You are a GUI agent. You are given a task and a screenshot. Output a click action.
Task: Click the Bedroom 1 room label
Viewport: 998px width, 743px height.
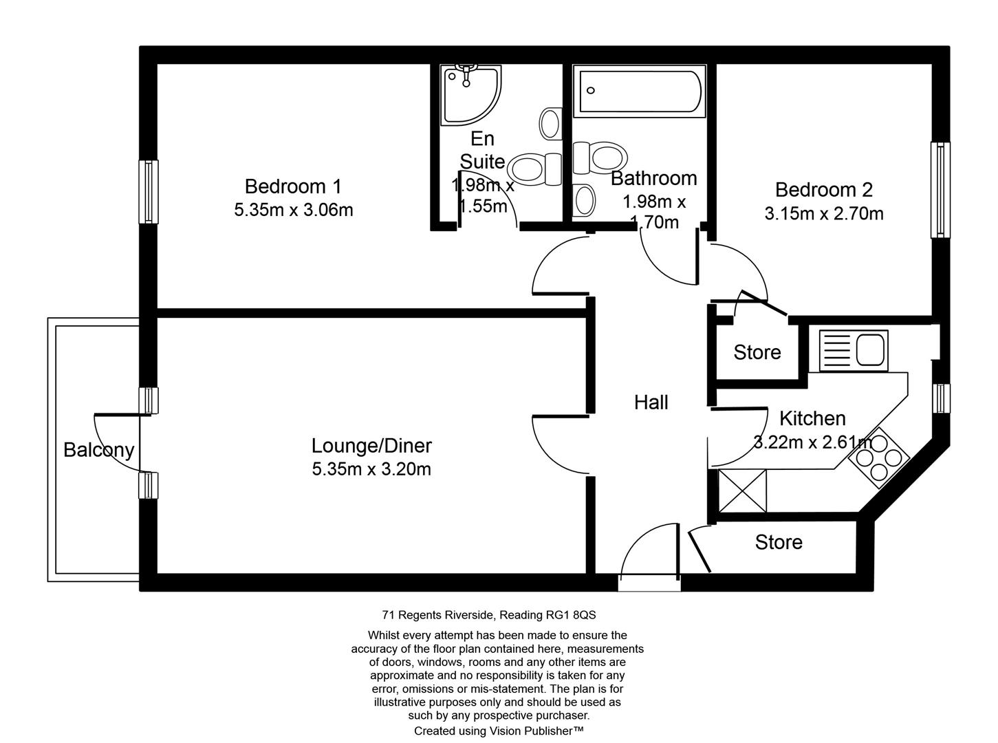(293, 186)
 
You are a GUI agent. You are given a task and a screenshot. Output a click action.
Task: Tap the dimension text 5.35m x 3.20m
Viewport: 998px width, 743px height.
(371, 469)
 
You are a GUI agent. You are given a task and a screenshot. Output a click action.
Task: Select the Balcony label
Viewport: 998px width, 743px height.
(98, 450)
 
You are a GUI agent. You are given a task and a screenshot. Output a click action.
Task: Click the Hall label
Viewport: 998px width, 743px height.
(651, 402)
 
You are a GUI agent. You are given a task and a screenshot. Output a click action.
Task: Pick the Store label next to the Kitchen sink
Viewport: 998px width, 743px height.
(757, 352)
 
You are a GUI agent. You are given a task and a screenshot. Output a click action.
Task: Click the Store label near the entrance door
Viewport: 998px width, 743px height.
(779, 542)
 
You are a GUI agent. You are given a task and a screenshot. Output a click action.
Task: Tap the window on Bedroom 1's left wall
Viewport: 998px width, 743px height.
(148, 192)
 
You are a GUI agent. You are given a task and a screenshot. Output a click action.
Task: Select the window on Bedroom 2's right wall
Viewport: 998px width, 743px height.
(940, 190)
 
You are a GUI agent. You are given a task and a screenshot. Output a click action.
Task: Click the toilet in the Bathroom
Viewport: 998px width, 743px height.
(597, 157)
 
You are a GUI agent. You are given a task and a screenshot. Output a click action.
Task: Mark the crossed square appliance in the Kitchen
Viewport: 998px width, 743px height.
(741, 491)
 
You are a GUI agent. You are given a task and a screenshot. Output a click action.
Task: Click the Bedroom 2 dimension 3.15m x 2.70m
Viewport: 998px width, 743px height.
(823, 214)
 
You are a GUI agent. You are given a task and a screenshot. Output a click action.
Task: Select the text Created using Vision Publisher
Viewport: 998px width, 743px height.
(499, 731)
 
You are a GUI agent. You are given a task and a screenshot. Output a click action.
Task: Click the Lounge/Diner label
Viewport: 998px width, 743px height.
(371, 446)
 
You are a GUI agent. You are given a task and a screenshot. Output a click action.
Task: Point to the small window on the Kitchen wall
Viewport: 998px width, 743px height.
(941, 399)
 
